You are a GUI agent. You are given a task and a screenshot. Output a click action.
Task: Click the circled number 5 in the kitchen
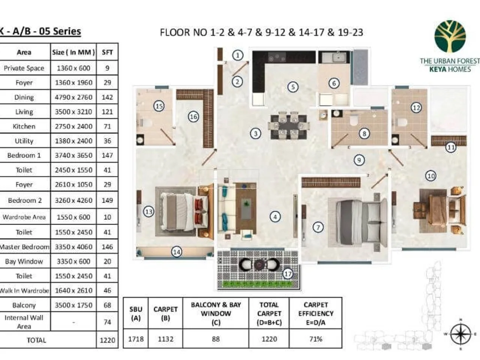point(293,87)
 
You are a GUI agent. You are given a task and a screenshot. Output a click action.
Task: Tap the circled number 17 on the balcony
point(288,273)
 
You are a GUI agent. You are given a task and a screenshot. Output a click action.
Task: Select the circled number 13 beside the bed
point(149,211)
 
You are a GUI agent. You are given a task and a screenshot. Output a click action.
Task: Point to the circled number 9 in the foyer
point(359,160)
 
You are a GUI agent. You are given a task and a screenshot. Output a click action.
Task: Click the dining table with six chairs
point(289,126)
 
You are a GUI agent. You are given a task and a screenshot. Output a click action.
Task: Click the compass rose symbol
point(460,334)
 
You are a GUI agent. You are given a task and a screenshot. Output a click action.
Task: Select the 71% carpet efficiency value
point(315,339)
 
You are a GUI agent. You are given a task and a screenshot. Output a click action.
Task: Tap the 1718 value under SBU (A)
point(136,339)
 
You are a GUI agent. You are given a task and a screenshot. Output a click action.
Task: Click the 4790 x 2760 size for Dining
point(73,97)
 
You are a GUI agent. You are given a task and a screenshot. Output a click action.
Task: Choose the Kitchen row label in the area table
point(24,126)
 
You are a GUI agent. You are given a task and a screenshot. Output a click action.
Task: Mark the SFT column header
point(107,52)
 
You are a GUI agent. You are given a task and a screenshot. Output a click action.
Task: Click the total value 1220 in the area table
point(107,340)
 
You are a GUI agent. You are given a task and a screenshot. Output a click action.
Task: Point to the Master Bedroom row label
point(25,247)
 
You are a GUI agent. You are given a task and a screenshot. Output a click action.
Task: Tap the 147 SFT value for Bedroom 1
point(107,155)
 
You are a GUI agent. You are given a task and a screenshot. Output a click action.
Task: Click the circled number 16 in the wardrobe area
point(193,117)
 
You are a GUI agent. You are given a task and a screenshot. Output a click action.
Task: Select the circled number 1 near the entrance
point(237,55)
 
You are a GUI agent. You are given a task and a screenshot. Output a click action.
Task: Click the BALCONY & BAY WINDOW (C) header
point(216,313)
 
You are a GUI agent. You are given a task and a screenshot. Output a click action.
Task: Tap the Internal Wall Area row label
point(24,322)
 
